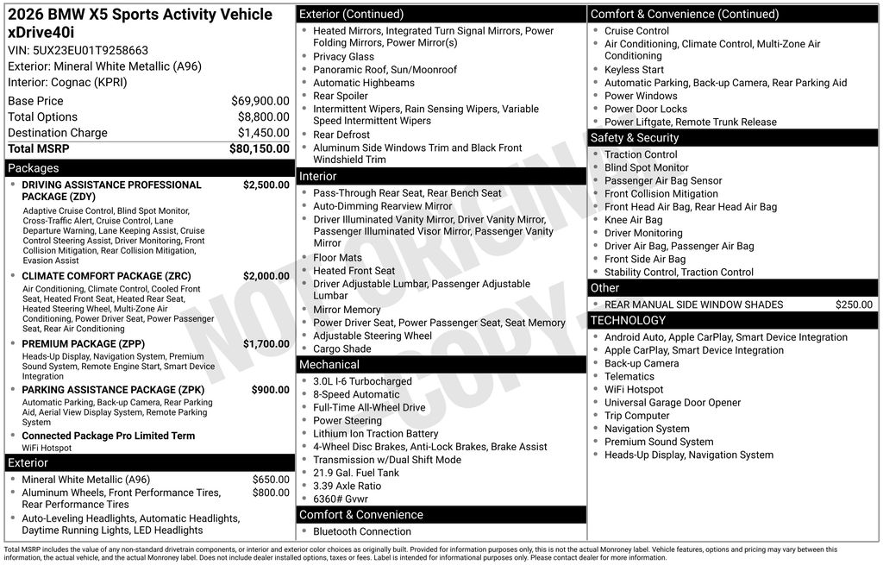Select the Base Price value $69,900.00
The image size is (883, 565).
point(260,101)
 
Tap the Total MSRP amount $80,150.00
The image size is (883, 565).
point(259,148)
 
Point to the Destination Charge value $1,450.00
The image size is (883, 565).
point(263,133)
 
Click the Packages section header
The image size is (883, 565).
point(34,168)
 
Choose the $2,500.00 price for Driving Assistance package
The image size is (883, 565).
point(266,185)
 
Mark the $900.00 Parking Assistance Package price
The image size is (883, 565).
point(270,390)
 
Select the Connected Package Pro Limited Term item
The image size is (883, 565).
point(108,436)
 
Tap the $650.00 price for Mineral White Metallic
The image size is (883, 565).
point(271,480)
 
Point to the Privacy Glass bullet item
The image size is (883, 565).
point(343,57)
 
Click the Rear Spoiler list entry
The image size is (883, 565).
point(340,96)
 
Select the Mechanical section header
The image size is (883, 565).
point(329,365)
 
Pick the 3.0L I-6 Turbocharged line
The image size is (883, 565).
point(362,381)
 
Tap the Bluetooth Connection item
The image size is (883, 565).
point(361,531)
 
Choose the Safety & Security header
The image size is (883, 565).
point(634,138)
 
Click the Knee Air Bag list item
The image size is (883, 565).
point(633,220)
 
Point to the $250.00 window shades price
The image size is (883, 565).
point(854,304)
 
